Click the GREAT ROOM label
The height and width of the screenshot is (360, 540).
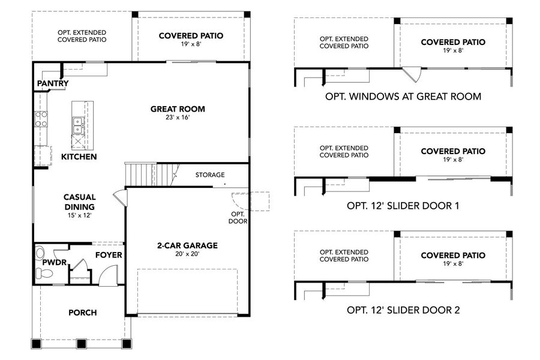click(x=177, y=109)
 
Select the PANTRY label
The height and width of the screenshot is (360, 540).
click(x=53, y=83)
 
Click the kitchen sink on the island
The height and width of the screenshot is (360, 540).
click(x=78, y=125)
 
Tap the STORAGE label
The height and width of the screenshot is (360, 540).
click(x=210, y=175)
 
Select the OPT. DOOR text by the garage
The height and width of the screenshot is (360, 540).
click(x=238, y=217)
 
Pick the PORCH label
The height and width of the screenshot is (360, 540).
click(x=82, y=313)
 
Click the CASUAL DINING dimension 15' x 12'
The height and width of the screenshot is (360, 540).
click(x=80, y=214)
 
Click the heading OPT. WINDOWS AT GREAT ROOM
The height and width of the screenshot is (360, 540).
click(x=403, y=96)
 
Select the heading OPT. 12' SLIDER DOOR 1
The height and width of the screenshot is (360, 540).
click(x=403, y=206)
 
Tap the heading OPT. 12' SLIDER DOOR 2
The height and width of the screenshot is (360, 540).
click(x=403, y=310)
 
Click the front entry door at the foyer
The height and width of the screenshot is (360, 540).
click(x=107, y=277)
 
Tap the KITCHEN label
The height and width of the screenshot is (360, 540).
click(x=79, y=157)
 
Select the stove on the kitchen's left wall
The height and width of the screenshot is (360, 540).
click(x=41, y=119)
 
